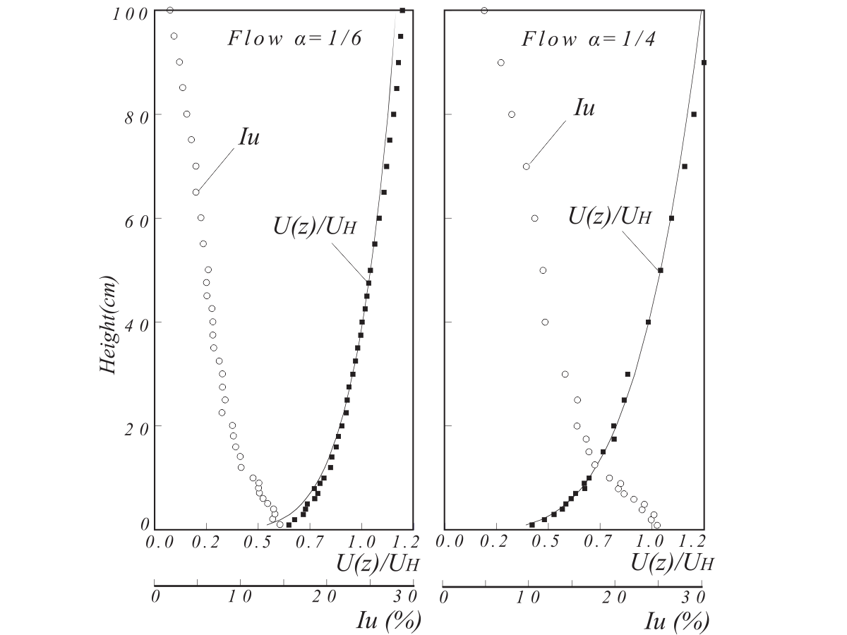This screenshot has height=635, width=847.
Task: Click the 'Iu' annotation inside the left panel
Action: (x=248, y=136)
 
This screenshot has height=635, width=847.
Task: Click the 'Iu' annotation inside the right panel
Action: (x=584, y=108)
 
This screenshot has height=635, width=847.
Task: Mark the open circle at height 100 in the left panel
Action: (x=169, y=10)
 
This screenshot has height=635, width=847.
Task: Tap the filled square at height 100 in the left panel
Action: (x=402, y=10)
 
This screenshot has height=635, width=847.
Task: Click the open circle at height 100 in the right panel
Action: (x=484, y=10)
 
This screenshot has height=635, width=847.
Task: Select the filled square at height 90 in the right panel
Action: (x=704, y=62)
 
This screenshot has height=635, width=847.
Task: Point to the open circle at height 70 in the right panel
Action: (x=526, y=167)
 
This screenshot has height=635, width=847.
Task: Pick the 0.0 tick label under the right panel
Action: (x=450, y=542)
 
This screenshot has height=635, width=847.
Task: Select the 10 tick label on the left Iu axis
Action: (x=239, y=597)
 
